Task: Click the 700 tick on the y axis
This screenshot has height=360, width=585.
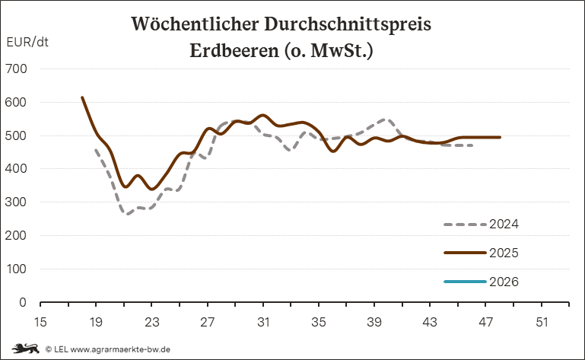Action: click(17, 68)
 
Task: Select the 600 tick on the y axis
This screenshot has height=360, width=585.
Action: click(17, 102)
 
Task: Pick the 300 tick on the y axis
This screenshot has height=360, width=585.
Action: click(17, 202)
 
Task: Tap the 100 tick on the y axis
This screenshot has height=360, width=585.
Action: click(17, 269)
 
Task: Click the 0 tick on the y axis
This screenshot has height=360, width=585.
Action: click(23, 302)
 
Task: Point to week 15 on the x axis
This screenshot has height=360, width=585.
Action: click(40, 322)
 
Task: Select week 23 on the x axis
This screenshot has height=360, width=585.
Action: click(151, 322)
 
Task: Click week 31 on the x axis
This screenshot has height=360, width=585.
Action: click(263, 322)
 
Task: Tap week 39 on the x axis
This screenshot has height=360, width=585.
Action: click(374, 322)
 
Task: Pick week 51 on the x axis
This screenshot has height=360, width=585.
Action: click(542, 322)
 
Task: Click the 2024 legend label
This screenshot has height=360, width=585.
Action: click(504, 225)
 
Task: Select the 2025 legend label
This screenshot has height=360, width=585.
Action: click(504, 253)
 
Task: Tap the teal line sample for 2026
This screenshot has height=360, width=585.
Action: click(464, 282)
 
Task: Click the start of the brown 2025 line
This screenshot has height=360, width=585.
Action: click(82, 97)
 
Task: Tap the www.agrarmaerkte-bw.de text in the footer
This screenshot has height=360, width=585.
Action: click(120, 349)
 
